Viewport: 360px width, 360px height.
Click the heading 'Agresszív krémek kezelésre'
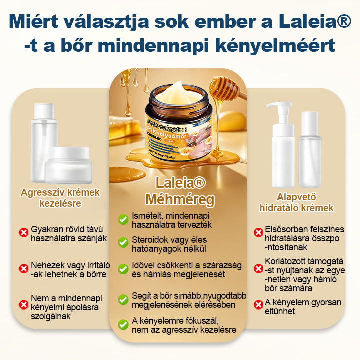[x=60, y=198]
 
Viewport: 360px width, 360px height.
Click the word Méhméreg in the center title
[x=180, y=200]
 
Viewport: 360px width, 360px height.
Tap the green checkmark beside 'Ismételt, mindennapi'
[x=123, y=220]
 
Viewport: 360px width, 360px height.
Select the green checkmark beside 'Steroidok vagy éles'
[x=123, y=242]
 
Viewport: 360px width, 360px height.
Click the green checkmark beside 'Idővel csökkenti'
[x=123, y=269]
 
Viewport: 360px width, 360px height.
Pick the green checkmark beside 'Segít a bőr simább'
[x=123, y=299]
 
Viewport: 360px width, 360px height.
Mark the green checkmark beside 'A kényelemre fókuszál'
[x=123, y=324]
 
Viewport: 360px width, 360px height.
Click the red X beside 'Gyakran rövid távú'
[x=23, y=232]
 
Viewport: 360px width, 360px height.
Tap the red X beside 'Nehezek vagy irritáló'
[x=23, y=269]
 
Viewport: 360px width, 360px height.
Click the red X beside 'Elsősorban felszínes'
[x=258, y=232]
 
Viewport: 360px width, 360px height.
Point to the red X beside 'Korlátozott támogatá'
[x=258, y=268]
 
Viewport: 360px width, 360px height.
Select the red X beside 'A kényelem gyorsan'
[x=258, y=304]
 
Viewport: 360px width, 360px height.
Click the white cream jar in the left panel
[x=67, y=165]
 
